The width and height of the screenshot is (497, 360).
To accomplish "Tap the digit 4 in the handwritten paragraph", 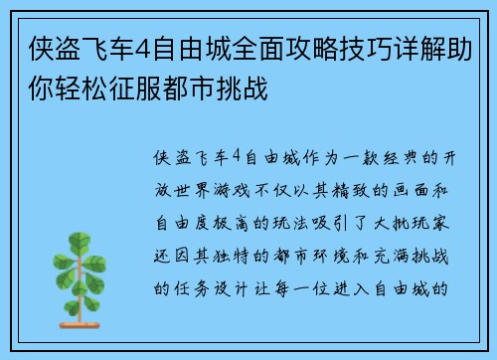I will point(235,157).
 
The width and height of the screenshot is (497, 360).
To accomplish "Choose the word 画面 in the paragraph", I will point(420,185).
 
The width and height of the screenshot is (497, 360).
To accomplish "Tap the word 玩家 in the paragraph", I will point(443,213).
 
